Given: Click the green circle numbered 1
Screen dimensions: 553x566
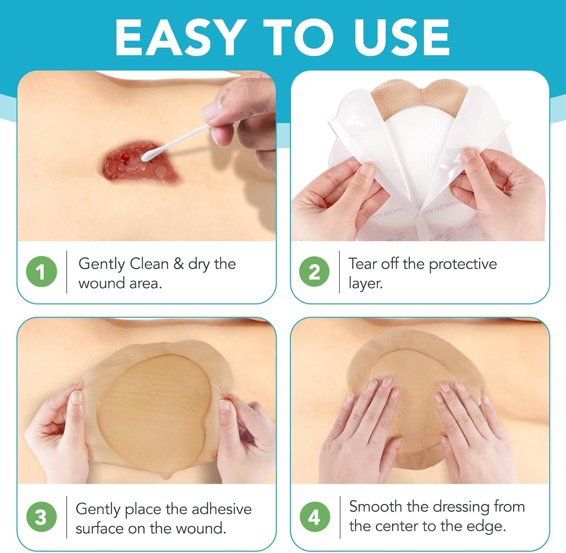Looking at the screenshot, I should coord(42,271).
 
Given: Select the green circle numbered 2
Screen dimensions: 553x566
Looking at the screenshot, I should coord(314,271).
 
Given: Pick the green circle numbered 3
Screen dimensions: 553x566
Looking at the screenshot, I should coord(42,517).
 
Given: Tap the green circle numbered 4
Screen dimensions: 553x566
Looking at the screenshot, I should coord(315,517).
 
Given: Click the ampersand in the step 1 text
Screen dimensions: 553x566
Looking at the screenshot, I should coord(178,263).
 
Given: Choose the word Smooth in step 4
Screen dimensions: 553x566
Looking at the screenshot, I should coord(375,506).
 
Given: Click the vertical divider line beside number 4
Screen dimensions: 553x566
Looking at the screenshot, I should coord(340,517).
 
